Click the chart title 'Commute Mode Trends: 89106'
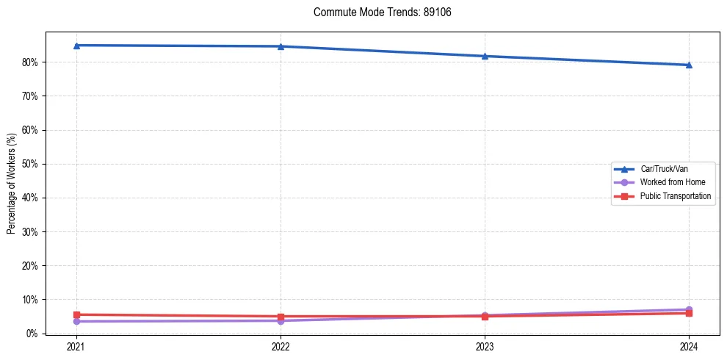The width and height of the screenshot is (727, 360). [377, 12]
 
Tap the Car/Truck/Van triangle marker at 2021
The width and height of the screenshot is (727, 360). [76, 46]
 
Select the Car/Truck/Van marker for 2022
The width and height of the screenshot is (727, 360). [281, 46]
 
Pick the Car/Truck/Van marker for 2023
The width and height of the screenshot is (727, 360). [485, 56]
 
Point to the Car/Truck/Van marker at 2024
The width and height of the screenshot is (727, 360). [689, 65]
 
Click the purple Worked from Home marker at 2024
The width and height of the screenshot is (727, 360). [689, 309]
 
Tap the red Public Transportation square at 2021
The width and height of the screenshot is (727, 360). [76, 314]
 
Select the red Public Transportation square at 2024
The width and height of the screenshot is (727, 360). [689, 314]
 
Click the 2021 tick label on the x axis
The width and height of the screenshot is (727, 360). [76, 346]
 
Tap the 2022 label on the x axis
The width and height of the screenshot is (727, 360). [281, 346]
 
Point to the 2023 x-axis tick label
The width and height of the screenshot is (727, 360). [485, 346]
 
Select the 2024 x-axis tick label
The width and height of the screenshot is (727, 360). [689, 346]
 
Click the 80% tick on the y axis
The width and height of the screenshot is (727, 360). [31, 62]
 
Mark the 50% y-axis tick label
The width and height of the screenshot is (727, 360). [31, 164]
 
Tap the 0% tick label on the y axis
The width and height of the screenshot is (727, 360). [33, 334]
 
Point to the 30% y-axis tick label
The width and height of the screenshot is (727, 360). [31, 232]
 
